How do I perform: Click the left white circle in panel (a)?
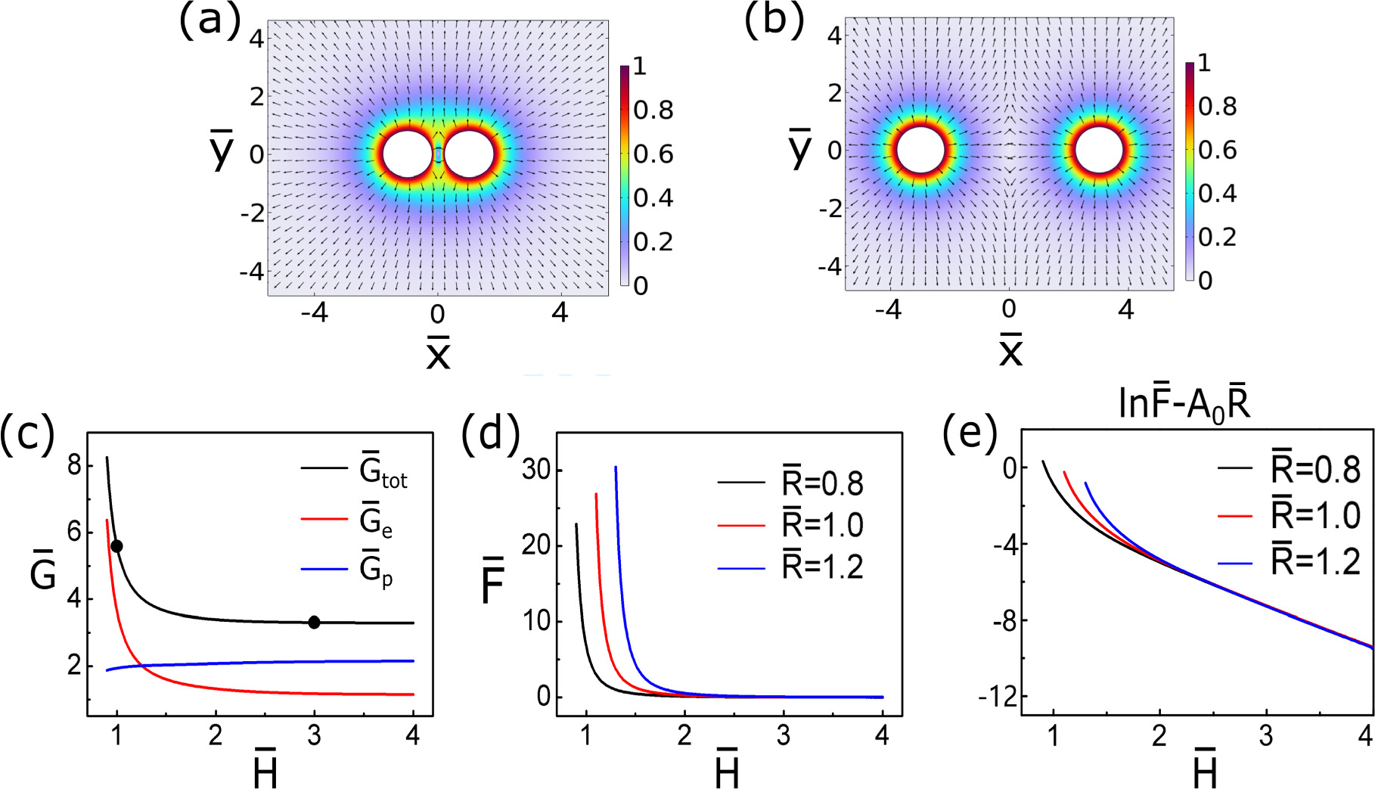[407, 154]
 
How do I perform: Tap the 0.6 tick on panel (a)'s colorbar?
[653, 154]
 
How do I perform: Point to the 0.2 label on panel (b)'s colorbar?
[1217, 238]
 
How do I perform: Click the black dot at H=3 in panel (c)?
[314, 623]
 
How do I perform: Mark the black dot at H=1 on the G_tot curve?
[116, 546]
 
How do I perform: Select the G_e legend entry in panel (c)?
[376, 522]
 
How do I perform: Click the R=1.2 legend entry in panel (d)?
[822, 567]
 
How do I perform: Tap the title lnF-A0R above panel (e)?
[1184, 405]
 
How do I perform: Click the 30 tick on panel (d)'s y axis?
[536, 471]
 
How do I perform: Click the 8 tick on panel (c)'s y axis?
[74, 464]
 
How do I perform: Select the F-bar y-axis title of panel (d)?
[493, 580]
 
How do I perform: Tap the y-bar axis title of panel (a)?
[222, 150]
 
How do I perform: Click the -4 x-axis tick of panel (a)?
[314, 313]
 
